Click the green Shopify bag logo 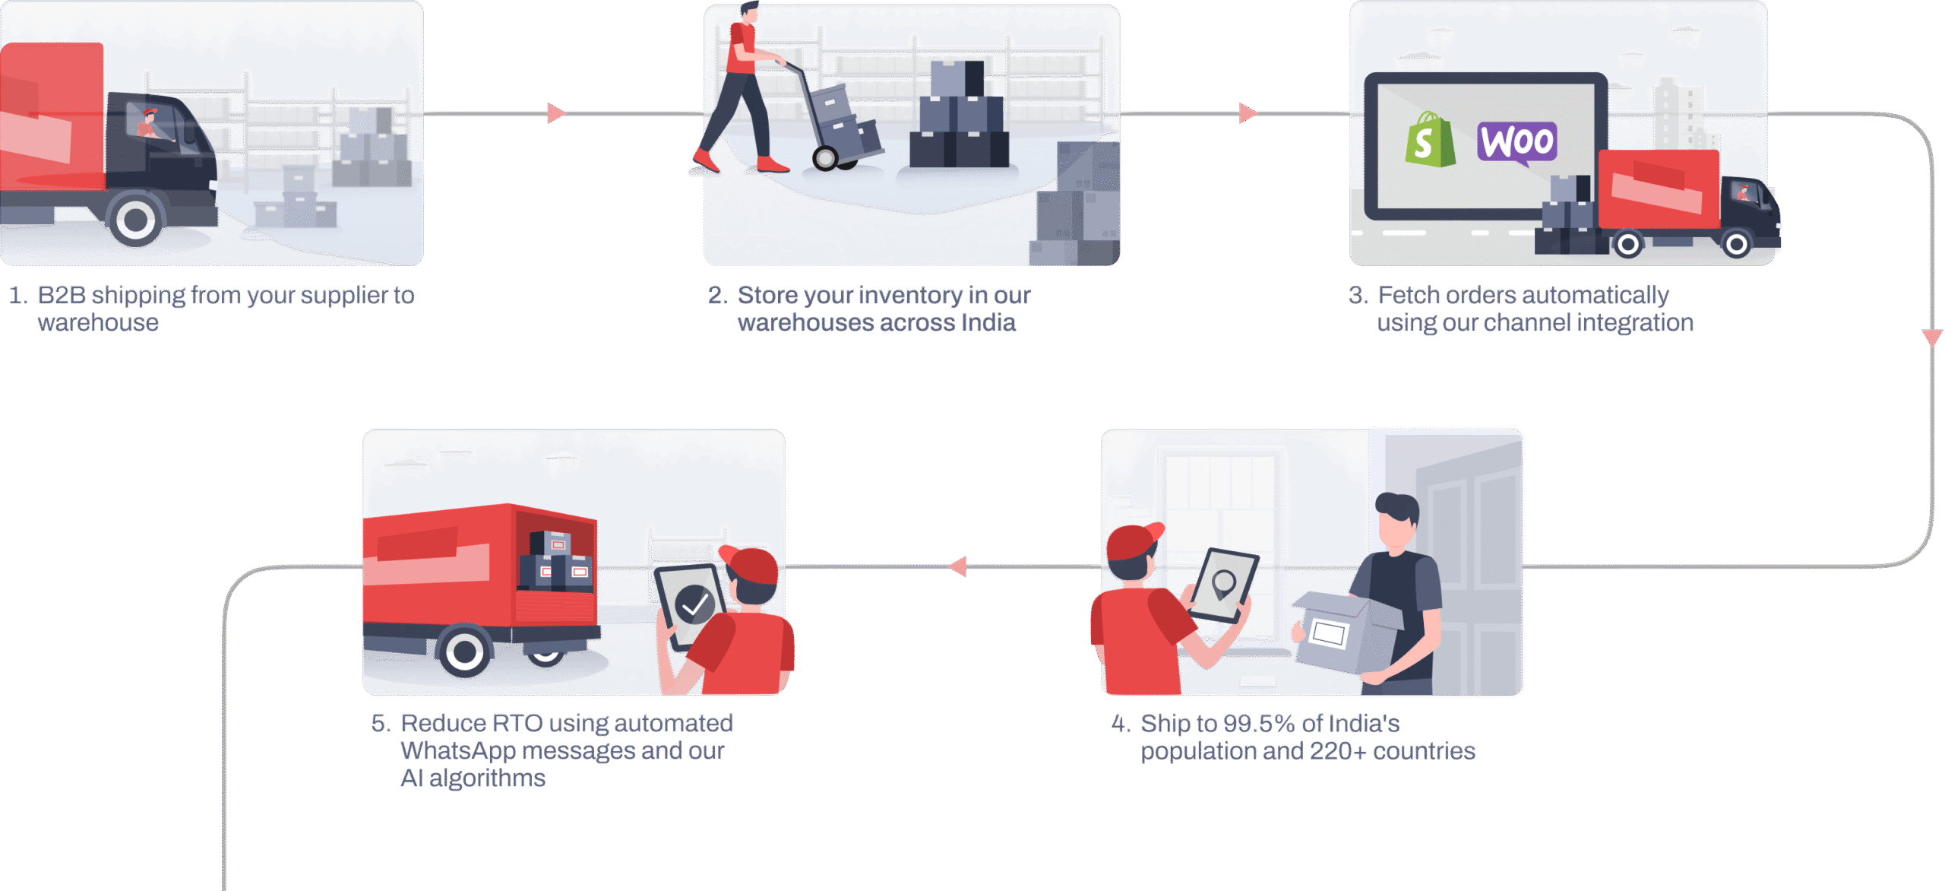pos(1429,141)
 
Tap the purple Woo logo pos(1516,142)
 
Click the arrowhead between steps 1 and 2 pos(556,113)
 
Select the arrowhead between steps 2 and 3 pos(1248,113)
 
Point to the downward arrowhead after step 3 pos(1932,338)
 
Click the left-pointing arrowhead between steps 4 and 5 pos(958,566)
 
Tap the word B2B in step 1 pos(62,295)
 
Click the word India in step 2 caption pos(988,323)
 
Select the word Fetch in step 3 pos(1409,295)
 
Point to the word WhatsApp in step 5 pos(458,751)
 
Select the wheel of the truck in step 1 pos(136,220)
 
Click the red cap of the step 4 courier pos(1133,541)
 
